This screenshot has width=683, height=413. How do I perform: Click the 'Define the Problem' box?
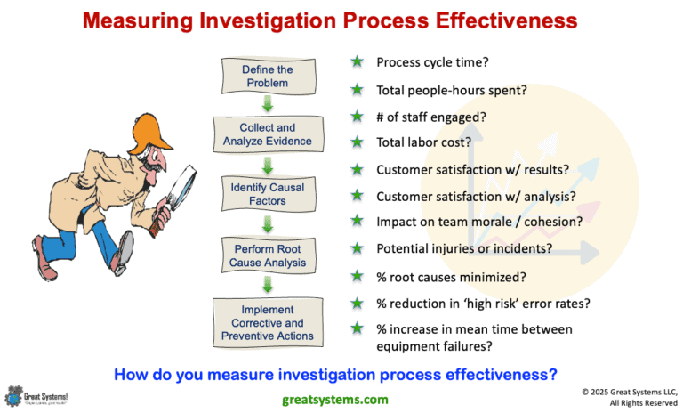tap(268, 77)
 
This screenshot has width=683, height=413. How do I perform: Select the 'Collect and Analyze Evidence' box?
tap(268, 134)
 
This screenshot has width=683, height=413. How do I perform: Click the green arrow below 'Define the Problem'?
tap(268, 105)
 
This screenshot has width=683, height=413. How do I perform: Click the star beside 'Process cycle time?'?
tap(357, 62)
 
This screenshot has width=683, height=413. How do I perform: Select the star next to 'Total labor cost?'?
tap(357, 142)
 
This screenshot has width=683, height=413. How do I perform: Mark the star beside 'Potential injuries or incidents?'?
tap(357, 247)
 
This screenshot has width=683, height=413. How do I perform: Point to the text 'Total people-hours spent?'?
tap(453, 89)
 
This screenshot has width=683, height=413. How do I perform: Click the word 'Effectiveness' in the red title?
tap(497, 19)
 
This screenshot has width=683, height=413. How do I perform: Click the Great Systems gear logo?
tap(14, 393)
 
